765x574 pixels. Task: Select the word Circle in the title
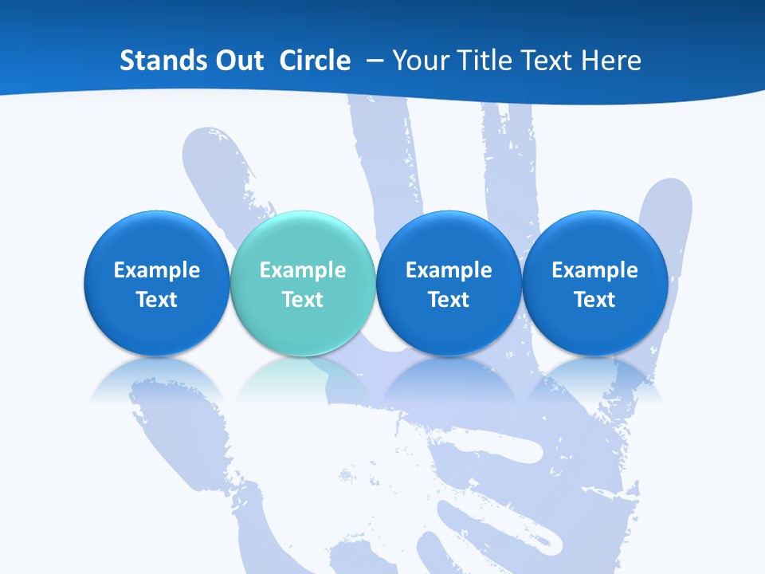click(x=315, y=61)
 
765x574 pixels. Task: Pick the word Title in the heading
click(x=483, y=61)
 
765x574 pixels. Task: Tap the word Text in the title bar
click(x=547, y=61)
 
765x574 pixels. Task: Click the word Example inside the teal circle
click(x=303, y=270)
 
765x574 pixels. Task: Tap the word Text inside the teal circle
click(x=303, y=300)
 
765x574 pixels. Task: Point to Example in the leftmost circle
click(x=156, y=270)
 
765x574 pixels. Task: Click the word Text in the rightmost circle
click(x=595, y=300)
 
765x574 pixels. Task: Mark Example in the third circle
click(x=449, y=270)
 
